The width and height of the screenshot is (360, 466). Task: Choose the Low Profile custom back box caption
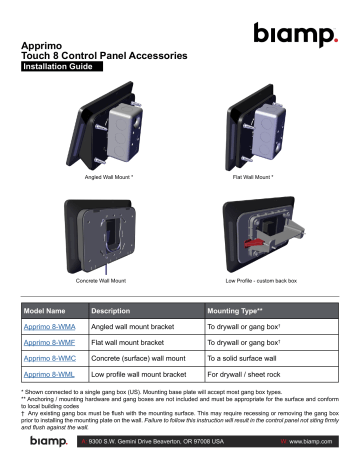[256, 283]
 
